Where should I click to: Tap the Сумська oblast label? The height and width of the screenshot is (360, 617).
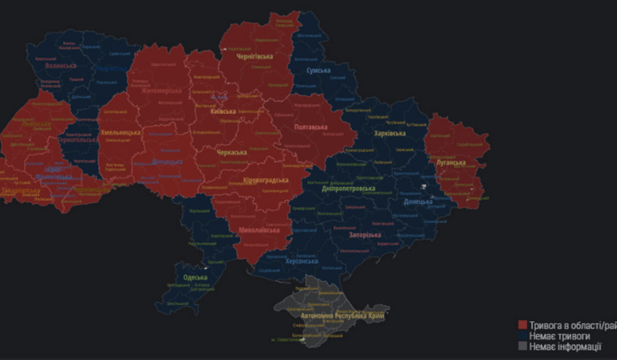coord(318,70)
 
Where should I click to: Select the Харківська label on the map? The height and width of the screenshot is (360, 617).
coord(395,134)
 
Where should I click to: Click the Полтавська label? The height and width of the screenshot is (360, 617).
coord(310,127)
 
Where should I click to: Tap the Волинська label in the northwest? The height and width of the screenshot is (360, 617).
coord(60,65)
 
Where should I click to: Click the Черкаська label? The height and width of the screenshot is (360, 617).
coord(231,153)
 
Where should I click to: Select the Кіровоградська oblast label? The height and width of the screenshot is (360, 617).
coord(265,180)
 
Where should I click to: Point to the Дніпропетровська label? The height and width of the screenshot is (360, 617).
coord(348,188)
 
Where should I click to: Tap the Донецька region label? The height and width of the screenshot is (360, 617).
coord(419,202)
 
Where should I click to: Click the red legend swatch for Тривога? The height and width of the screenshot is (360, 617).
coord(523,325)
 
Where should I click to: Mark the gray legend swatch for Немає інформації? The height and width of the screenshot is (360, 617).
coord(523,347)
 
